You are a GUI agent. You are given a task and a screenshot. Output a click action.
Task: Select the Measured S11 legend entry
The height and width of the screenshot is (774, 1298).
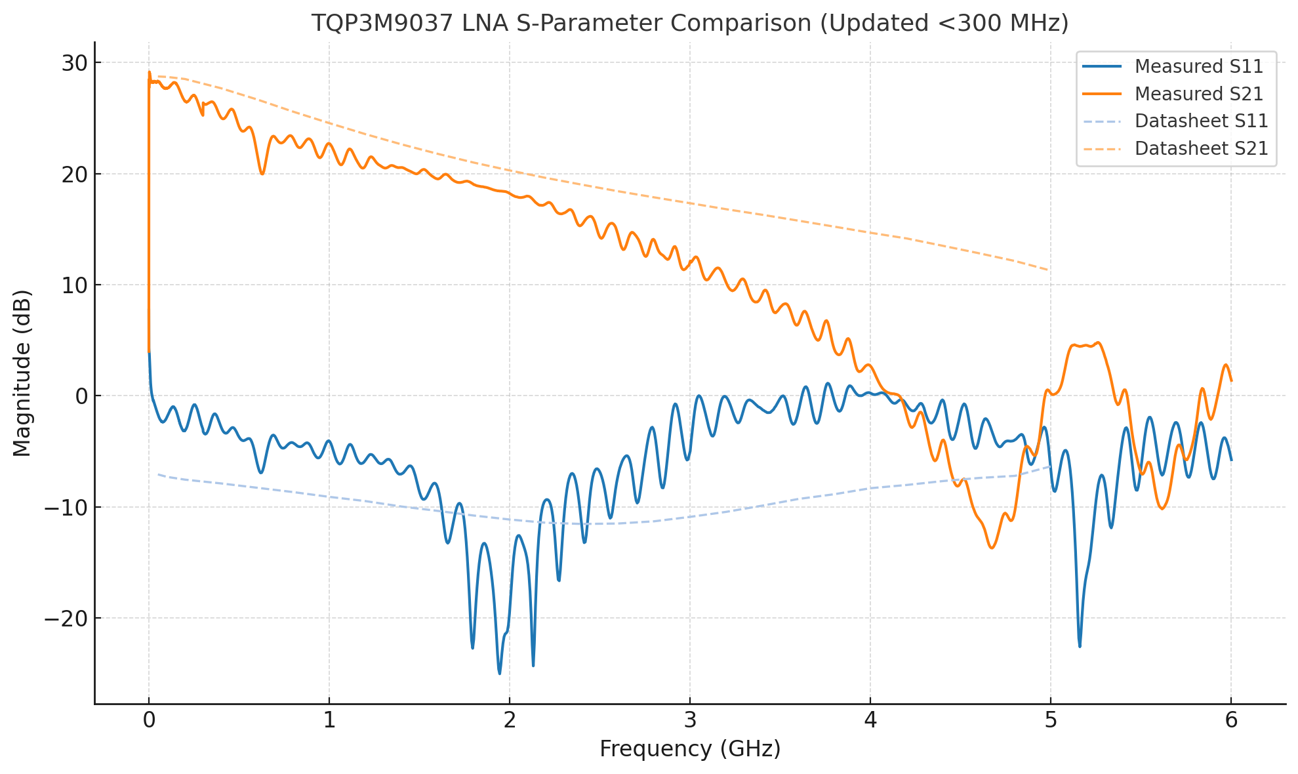point(1198,66)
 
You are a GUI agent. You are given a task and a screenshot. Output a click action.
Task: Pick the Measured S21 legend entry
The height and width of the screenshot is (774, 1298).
point(1198,94)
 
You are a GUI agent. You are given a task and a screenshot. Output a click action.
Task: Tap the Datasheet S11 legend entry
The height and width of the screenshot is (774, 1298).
point(1201,121)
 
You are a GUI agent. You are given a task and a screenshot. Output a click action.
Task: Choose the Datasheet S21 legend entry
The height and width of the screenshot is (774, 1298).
point(1201,148)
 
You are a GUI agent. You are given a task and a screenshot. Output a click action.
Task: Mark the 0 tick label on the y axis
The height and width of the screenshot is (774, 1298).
point(81,396)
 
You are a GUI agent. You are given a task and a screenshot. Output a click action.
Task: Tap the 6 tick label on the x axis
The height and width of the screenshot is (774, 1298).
point(1231,720)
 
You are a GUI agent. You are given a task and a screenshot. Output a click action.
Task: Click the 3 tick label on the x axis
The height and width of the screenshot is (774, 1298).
point(690,720)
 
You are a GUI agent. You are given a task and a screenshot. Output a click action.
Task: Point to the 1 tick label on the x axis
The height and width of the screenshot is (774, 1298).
point(329,720)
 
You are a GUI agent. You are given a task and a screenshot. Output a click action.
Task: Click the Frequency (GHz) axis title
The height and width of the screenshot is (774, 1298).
point(690,749)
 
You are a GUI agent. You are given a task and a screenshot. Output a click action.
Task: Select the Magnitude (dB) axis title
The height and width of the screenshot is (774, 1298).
point(22,373)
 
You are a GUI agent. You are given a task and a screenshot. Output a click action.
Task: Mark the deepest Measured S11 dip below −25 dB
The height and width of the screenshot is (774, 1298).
point(500,673)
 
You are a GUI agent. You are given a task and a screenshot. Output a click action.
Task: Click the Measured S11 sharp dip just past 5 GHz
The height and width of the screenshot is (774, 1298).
point(1080,646)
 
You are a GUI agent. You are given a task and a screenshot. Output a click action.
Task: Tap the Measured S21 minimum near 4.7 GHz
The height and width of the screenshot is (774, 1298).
point(992,548)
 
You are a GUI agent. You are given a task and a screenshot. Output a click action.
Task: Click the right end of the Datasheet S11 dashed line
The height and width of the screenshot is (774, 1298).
point(1050,466)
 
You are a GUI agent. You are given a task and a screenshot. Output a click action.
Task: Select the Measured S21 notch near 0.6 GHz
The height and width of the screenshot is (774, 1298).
point(262,174)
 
